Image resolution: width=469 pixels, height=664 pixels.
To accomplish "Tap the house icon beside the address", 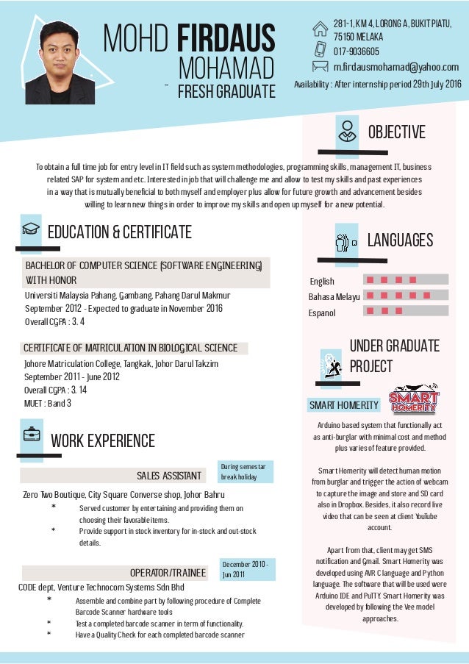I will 321,29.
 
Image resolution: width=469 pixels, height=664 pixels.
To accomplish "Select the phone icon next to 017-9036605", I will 321,50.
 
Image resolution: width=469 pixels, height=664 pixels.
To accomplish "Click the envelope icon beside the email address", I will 321,67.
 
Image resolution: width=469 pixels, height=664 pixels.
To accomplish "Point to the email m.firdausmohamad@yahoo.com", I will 395,68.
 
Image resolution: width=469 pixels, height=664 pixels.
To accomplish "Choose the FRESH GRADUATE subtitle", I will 226,91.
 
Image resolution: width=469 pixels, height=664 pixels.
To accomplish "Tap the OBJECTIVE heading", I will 396,132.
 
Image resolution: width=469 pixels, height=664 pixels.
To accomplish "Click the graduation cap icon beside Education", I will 31,230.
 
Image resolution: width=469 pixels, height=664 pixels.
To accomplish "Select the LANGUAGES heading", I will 399,240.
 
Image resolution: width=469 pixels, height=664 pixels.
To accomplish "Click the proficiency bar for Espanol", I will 407,312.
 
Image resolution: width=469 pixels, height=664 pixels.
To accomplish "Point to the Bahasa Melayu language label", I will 334,297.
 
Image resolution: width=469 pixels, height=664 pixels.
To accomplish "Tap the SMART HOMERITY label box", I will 344,405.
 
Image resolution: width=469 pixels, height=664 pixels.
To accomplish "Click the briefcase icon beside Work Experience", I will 31,435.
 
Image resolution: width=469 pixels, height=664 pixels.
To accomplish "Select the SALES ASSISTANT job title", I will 169,475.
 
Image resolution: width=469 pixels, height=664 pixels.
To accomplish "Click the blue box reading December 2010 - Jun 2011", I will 248,569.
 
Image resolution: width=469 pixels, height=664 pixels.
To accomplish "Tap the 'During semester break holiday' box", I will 248,471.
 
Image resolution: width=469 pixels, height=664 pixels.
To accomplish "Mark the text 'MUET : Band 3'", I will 48,403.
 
